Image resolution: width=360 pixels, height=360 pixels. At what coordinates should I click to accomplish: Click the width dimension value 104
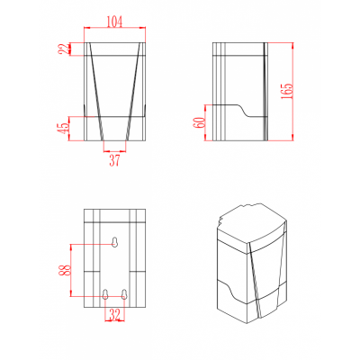[115, 22]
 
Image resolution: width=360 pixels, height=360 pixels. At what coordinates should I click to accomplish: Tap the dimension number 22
[64, 49]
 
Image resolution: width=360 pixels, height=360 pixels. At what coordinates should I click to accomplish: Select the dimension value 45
[64, 129]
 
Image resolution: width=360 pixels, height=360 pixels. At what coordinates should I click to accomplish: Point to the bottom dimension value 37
[114, 161]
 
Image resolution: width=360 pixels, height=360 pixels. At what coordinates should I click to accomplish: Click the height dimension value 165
[286, 91]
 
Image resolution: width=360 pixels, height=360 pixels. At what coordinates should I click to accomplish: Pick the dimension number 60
[200, 122]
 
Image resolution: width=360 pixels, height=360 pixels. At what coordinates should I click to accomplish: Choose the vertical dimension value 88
[66, 270]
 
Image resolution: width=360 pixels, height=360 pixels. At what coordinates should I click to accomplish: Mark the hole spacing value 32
[114, 314]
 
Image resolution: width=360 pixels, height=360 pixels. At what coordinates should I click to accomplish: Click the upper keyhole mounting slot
[114, 242]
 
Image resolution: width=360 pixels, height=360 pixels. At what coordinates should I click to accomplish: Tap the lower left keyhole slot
[105, 294]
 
